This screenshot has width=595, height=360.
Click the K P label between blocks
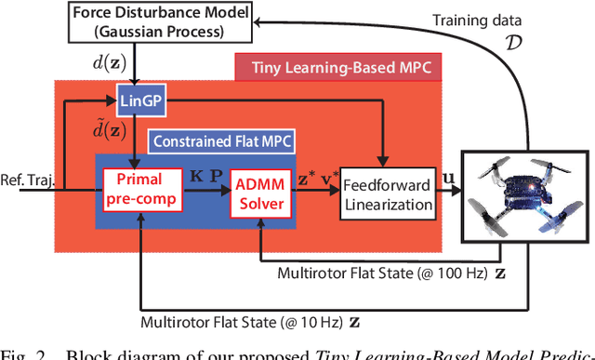click(199, 176)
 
